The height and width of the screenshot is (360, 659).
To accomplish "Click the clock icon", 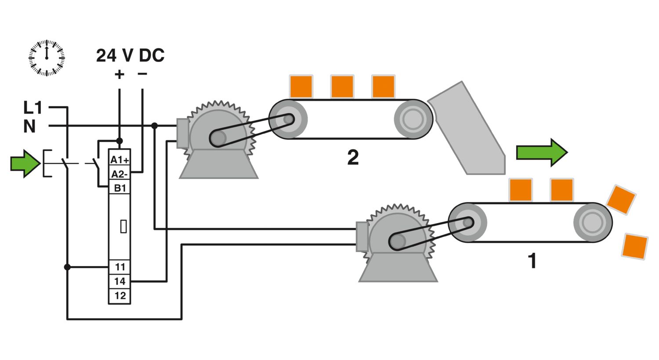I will pos(47,58).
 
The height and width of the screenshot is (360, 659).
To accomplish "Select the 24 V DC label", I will pos(130,56).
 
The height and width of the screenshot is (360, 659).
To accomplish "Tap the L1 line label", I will pos(33,108).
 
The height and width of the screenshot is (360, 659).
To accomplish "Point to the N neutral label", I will pos(29,126).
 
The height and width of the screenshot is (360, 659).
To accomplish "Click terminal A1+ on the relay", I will pos(119,160).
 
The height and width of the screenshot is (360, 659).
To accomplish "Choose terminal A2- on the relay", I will pos(119,174).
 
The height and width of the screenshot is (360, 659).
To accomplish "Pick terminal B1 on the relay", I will pos(120,188).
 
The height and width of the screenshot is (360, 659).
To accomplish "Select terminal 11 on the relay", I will pos(120,267).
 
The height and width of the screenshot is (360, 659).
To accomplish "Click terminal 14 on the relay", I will pos(120,281).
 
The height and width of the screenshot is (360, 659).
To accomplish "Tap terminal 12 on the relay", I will pos(120,296).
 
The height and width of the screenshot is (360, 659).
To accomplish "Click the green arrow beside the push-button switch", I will pos(25,163).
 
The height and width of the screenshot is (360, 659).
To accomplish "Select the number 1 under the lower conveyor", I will pos(532,261).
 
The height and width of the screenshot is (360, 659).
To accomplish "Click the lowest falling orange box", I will pos(635,247).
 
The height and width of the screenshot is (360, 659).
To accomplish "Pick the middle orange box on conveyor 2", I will pos(342,86).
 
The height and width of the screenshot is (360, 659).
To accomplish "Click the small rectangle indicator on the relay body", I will pos(123,226).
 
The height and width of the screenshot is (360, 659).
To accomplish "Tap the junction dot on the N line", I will pos(154,126).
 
